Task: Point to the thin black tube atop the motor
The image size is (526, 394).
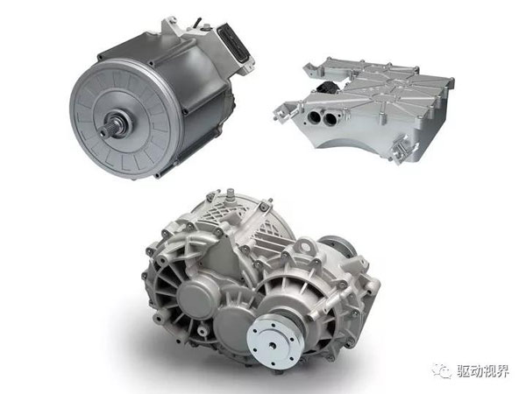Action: click(x=198, y=24)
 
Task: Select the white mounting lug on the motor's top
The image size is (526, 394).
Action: click(x=169, y=26)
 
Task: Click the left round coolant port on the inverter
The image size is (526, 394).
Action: click(x=316, y=117)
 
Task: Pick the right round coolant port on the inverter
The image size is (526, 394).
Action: click(x=331, y=119)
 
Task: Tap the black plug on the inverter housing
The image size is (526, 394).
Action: click(x=327, y=88)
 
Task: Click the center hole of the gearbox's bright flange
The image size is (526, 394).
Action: click(x=273, y=344)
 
